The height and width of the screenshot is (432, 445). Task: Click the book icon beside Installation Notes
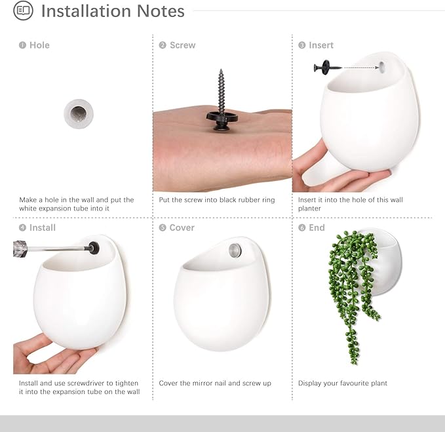(x=24, y=10)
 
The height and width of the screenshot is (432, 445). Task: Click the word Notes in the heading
(x=161, y=11)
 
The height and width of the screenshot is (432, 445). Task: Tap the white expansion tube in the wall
(x=79, y=114)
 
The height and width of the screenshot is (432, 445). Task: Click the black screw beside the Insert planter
(x=328, y=68)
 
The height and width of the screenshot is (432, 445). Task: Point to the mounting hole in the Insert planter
(x=381, y=67)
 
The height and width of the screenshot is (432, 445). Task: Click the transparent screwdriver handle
(x=20, y=249)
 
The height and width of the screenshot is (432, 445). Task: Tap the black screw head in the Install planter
(x=94, y=248)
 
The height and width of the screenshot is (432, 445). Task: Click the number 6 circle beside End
(x=302, y=227)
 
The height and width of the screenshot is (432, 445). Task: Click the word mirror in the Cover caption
(x=201, y=383)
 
